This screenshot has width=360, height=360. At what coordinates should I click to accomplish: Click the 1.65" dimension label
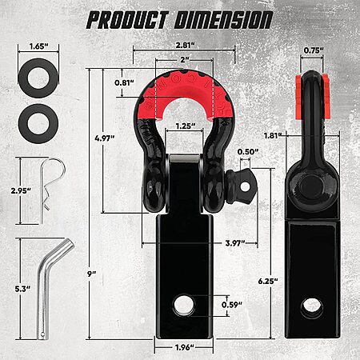point(38,46)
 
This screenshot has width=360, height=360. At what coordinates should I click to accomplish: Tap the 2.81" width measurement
point(184,45)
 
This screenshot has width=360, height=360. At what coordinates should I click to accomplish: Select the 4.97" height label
point(105,138)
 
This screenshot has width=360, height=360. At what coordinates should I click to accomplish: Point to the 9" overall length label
point(91,274)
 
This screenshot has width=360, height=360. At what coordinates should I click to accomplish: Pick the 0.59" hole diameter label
point(232,305)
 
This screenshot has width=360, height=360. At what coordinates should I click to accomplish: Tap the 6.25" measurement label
point(268,281)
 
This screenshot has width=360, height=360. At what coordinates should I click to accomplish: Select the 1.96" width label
point(185,347)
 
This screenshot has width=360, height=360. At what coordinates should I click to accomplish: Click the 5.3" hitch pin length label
point(22,289)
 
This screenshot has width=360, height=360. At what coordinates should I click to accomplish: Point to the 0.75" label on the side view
point(314,50)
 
